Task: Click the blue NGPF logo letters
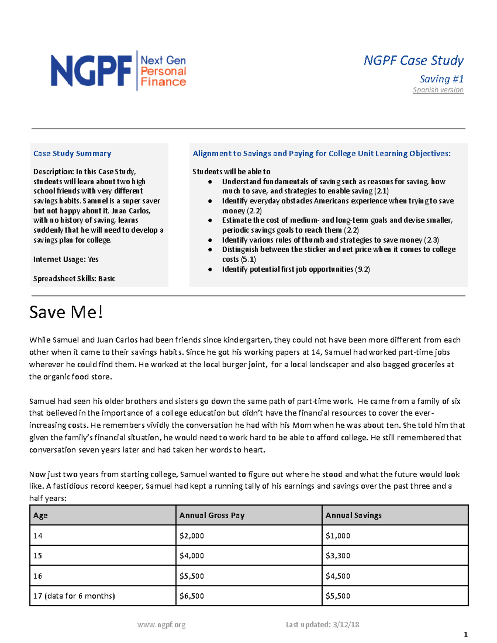tap(91, 71)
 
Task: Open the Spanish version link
tap(438, 90)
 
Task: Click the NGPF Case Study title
tap(413, 60)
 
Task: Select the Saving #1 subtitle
tap(441, 79)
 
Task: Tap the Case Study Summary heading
tap(72, 154)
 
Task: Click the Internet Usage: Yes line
tap(66, 259)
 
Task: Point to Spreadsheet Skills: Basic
tap(74, 279)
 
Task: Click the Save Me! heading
tap(66, 312)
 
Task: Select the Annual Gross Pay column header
tap(212, 515)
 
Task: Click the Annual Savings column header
tap(353, 515)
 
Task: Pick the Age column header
tap(40, 515)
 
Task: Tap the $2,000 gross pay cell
tap(191, 536)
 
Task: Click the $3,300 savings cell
tap(338, 556)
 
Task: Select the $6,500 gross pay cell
tap(191, 596)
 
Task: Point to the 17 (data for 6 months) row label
tap(74, 596)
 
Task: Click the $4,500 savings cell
tap(338, 576)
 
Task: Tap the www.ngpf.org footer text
tap(161, 625)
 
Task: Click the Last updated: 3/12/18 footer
tap(322, 625)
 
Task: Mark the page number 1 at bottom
tap(466, 635)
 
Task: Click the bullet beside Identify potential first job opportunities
tap(210, 270)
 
